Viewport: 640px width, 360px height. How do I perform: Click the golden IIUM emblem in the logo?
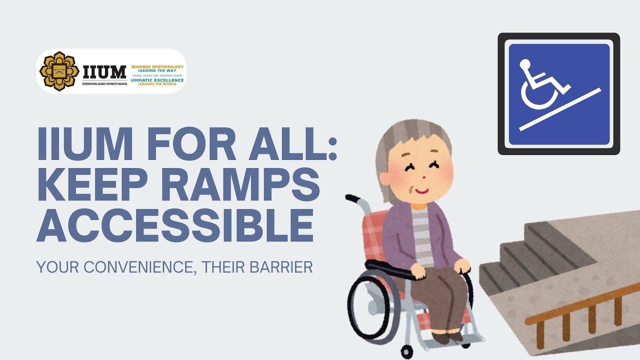click(59, 71)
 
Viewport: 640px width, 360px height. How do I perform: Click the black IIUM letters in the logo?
click(104, 72)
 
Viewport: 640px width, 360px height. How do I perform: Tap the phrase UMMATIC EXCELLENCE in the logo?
click(157, 80)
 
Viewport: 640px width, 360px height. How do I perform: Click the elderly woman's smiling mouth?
click(421, 191)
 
